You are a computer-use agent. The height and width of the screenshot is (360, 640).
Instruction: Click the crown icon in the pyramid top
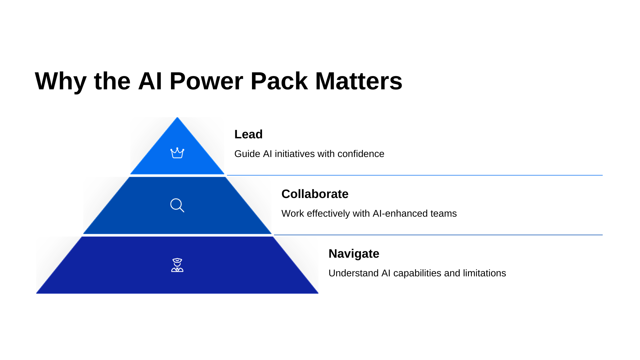[x=177, y=153]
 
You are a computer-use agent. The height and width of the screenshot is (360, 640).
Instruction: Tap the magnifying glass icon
[x=177, y=205]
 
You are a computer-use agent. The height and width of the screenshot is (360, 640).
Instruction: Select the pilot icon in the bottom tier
[x=177, y=265]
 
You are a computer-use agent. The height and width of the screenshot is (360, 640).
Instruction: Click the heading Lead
[x=248, y=134]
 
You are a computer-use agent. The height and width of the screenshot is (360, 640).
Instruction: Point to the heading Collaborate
[x=315, y=194]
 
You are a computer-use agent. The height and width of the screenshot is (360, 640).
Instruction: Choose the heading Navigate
[x=354, y=254]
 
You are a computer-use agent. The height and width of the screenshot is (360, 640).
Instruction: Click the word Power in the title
[x=206, y=81]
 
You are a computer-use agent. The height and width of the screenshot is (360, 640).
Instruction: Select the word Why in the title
[x=60, y=81]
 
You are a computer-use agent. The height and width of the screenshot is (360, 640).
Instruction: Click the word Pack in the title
[x=279, y=81]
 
